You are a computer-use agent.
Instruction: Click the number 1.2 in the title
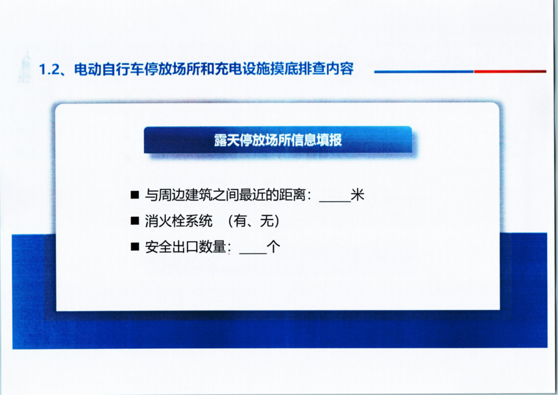pyautogui.click(x=49, y=69)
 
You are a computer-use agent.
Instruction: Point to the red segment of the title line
pyautogui.click(x=510, y=71)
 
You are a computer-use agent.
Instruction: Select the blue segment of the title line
pyautogui.click(x=424, y=71)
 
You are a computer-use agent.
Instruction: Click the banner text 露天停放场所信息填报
pyautogui.click(x=278, y=140)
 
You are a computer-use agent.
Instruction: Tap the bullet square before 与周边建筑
pyautogui.click(x=135, y=194)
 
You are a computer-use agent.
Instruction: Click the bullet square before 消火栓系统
pyautogui.click(x=135, y=221)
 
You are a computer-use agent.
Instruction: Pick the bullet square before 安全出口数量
pyautogui.click(x=135, y=246)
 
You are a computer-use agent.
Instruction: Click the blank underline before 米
pyautogui.click(x=335, y=201)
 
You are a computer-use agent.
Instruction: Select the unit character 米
pyautogui.click(x=358, y=195)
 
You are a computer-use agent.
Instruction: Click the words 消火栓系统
pyautogui.click(x=178, y=221)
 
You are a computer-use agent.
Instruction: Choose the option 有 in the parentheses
pyautogui.click(x=239, y=221)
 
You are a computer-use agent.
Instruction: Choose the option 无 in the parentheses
pyautogui.click(x=267, y=221)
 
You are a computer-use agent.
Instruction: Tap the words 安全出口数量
pyautogui.click(x=186, y=247)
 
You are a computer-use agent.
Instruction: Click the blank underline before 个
pyautogui.click(x=253, y=253)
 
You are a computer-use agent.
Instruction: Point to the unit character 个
pyautogui.click(x=273, y=247)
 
